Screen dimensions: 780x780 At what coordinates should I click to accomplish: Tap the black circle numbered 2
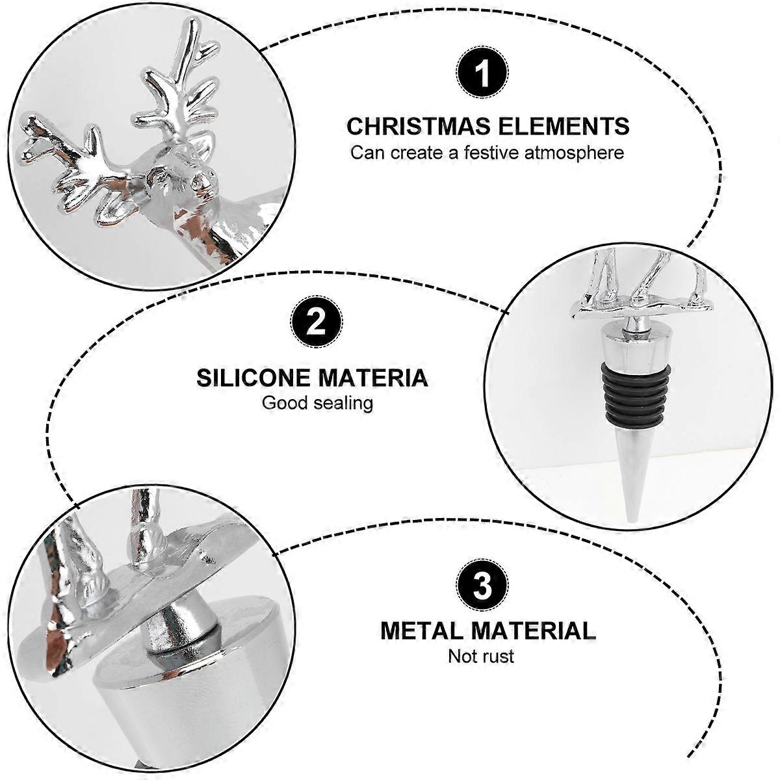click(316, 322)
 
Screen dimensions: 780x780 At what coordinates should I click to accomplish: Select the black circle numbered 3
click(482, 585)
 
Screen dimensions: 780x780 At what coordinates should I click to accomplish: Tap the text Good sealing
click(317, 403)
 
